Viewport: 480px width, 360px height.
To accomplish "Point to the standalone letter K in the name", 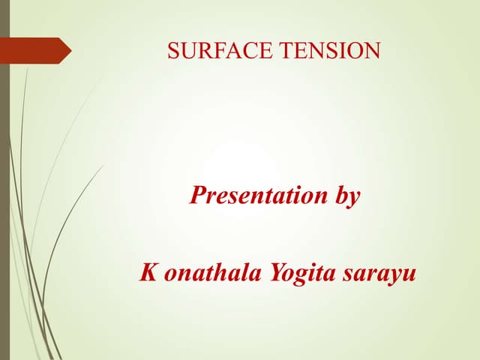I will pyautogui.click(x=148, y=272).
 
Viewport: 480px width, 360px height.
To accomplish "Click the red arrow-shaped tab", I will pyautogui.click(x=37, y=50).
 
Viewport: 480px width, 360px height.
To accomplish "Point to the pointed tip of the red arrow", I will pyautogui.click(x=70, y=50).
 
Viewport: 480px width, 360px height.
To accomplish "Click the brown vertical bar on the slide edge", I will pyautogui.click(x=4, y=180).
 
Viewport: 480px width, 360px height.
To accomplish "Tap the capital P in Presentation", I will pyautogui.click(x=198, y=196).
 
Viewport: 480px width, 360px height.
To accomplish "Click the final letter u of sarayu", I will pyautogui.click(x=409, y=274).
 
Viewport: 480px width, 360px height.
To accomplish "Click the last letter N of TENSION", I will pyautogui.click(x=373, y=51).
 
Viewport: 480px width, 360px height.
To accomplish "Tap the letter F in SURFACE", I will pyautogui.click(x=217, y=51).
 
